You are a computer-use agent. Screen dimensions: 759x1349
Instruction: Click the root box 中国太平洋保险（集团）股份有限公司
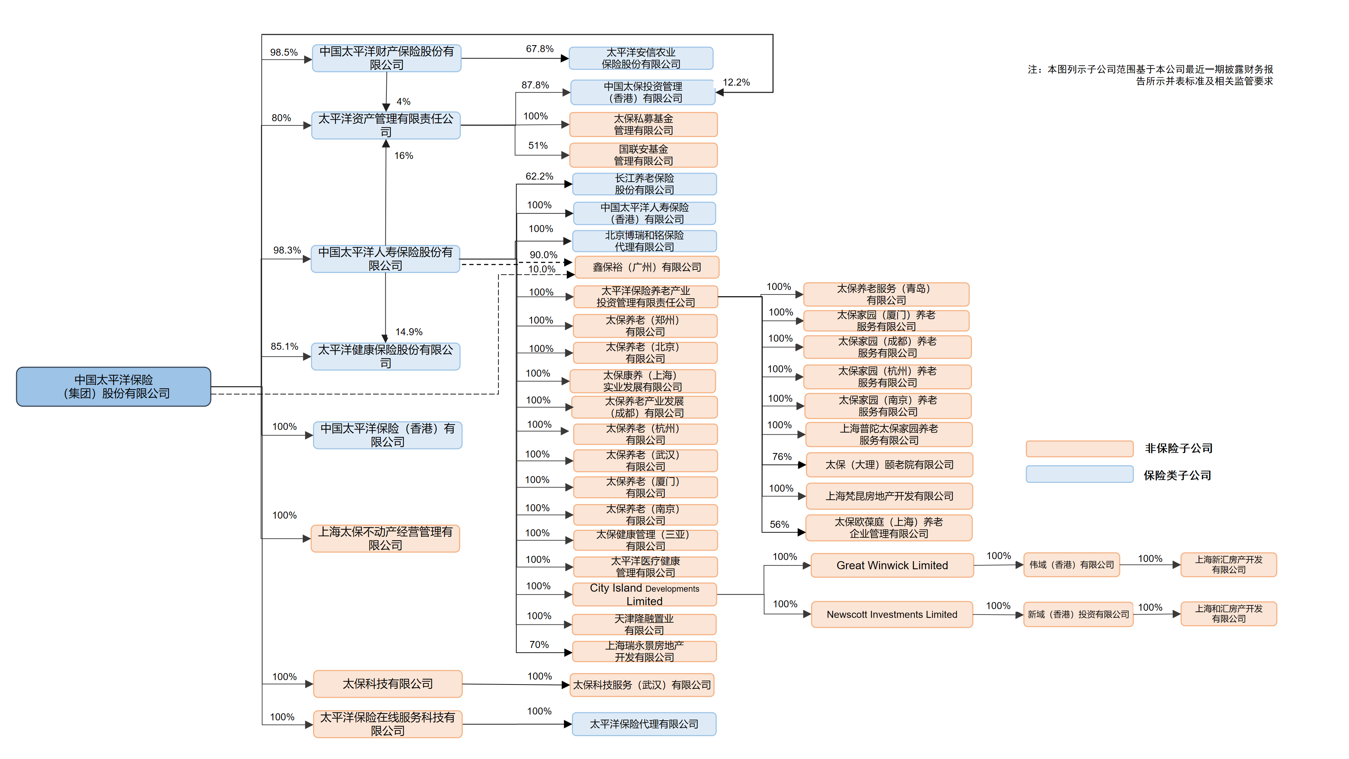click(113, 387)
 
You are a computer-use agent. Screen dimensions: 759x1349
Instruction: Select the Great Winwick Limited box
click(892, 565)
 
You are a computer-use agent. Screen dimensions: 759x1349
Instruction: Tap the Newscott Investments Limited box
click(892, 615)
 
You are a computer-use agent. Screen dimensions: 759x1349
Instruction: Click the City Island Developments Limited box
click(644, 595)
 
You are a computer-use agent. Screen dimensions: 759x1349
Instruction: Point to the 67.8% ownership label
click(539, 49)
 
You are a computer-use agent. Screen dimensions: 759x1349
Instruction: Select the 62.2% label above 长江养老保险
click(539, 176)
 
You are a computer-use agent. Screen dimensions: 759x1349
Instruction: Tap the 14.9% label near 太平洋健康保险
click(409, 332)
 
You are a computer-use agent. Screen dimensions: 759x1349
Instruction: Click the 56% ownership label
click(779, 524)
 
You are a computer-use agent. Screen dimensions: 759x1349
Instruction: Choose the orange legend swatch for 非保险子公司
click(1079, 448)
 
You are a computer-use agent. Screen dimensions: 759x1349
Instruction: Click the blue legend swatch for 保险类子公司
click(1079, 474)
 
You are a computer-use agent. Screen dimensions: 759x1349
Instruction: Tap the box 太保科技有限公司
click(387, 683)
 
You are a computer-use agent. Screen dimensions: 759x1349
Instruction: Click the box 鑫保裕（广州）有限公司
click(647, 267)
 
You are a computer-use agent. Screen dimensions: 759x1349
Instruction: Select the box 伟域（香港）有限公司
click(1071, 565)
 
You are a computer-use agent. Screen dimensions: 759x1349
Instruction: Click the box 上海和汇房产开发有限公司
click(1228, 614)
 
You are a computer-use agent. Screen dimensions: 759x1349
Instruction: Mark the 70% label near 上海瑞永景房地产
click(539, 644)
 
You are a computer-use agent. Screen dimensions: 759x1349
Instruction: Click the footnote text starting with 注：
click(1150, 75)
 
